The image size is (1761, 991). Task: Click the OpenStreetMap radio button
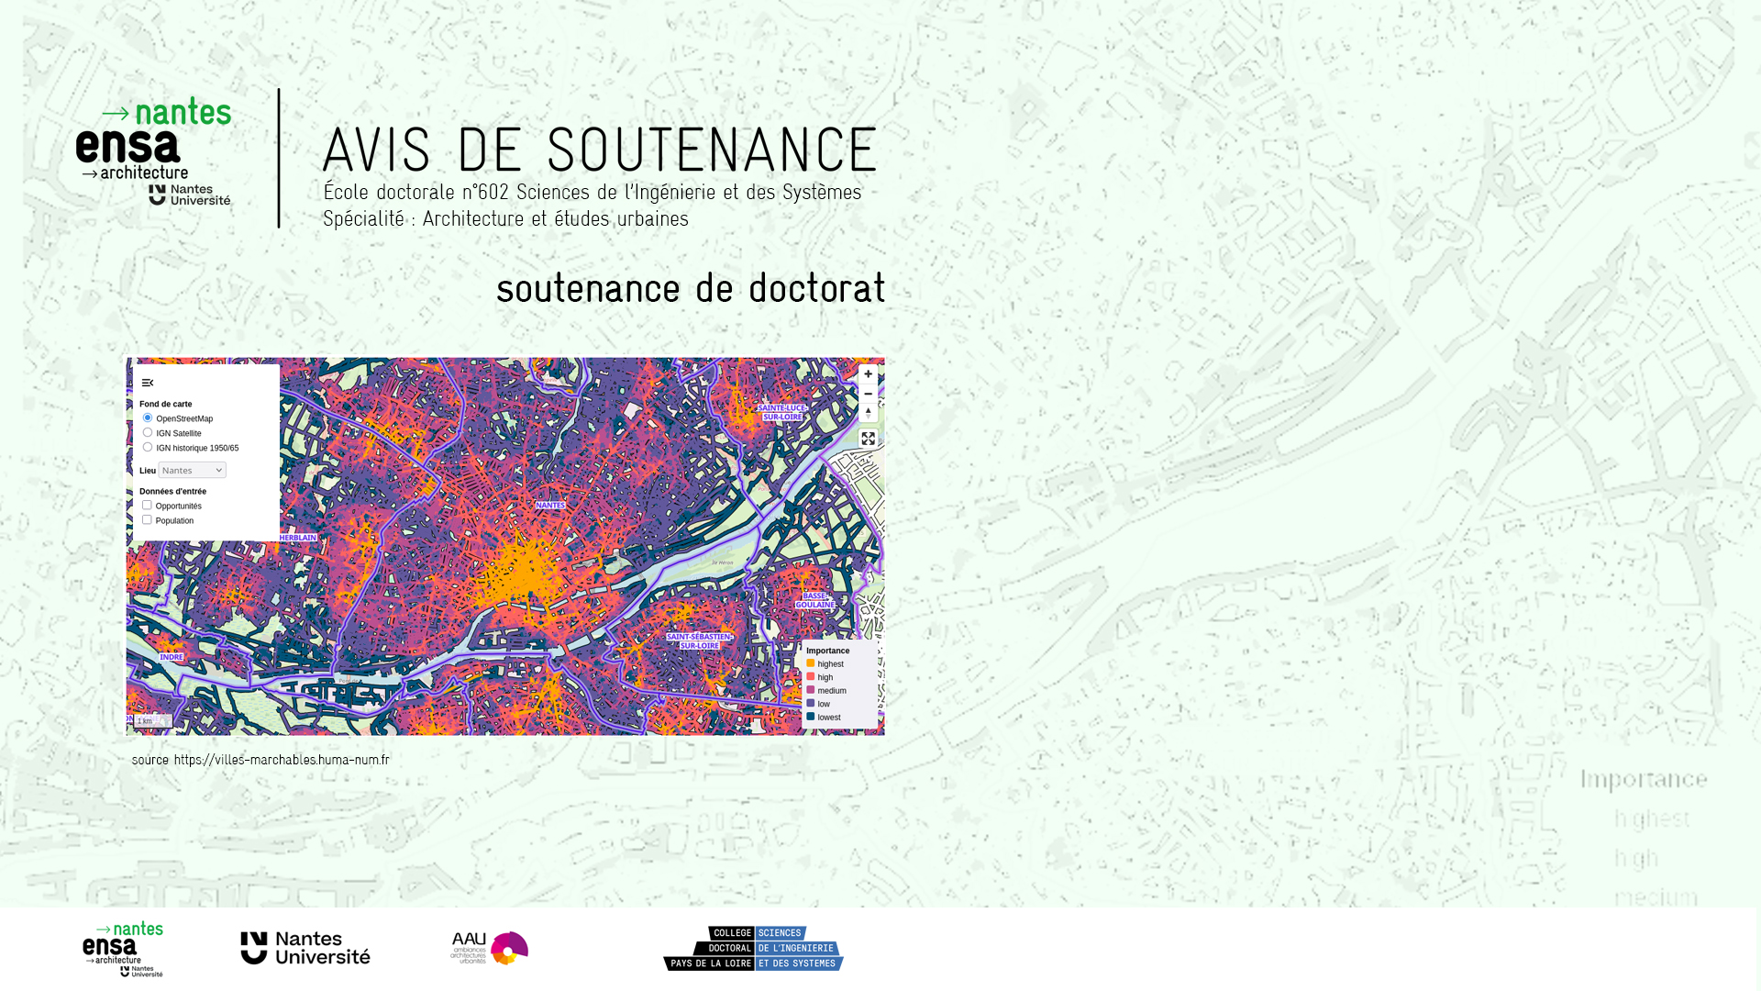tap(148, 418)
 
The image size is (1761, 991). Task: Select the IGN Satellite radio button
tap(148, 433)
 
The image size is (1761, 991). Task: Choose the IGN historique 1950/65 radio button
tap(148, 448)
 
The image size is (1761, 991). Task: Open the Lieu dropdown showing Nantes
tap(192, 471)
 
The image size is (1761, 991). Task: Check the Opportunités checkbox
tap(147, 506)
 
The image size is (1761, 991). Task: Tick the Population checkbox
tap(147, 520)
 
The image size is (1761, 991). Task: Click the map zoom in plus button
tap(868, 374)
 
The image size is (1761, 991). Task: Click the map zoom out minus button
tap(868, 394)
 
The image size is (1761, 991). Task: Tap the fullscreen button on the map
tap(868, 439)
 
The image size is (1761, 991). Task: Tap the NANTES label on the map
tap(550, 506)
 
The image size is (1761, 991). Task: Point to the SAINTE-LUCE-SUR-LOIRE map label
tap(782, 413)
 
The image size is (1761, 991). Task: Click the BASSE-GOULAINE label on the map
tap(814, 601)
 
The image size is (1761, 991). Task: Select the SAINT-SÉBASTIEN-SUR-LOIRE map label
tap(699, 641)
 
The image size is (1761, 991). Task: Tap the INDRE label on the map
tap(172, 657)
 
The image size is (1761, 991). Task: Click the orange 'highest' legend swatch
tap(811, 663)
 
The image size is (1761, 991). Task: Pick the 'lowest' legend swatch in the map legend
tap(811, 717)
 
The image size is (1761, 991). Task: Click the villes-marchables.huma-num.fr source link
tap(282, 760)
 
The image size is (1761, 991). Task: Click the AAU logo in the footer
tap(489, 948)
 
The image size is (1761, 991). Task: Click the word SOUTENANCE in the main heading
tap(712, 150)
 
